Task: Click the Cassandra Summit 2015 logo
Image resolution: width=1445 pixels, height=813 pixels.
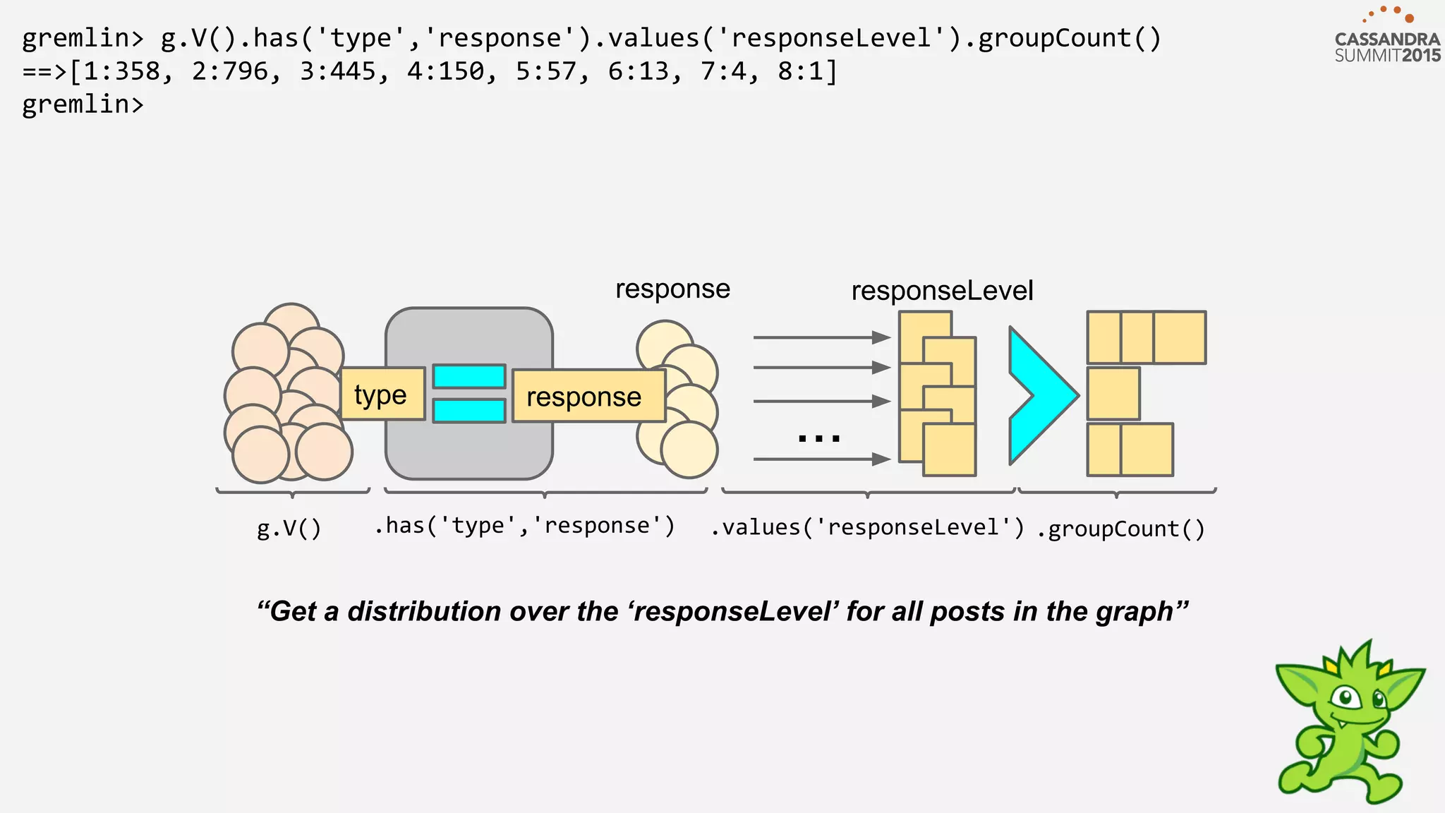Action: [1386, 39]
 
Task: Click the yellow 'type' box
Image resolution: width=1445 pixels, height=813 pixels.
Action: [382, 395]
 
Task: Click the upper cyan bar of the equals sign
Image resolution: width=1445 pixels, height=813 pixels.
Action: [468, 376]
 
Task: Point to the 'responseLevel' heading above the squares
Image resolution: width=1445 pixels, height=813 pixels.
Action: [941, 291]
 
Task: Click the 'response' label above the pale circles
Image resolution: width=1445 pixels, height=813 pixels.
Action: [672, 289]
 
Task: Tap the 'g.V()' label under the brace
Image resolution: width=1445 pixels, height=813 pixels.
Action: [289, 528]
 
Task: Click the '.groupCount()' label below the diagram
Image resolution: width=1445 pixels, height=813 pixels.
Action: [1120, 529]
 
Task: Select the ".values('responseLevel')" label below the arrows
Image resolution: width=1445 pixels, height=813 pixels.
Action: [867, 527]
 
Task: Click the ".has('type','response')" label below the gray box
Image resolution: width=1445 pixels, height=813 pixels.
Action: [524, 526]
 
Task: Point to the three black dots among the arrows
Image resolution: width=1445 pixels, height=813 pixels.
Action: [818, 438]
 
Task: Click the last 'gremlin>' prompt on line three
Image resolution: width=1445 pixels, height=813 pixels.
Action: [83, 104]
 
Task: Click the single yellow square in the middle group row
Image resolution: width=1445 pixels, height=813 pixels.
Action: [1113, 394]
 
